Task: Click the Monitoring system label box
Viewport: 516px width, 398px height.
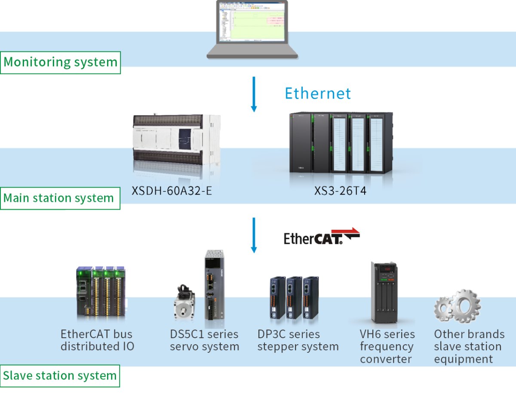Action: pos(60,62)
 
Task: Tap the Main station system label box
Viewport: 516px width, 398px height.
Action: pos(60,198)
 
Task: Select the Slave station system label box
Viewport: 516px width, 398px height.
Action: pos(60,376)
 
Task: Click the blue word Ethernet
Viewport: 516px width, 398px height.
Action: pos(318,93)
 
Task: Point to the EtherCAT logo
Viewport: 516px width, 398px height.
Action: pos(322,236)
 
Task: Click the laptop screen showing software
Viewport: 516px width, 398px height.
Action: pos(252,22)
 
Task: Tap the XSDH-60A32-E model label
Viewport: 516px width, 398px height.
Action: pos(172,191)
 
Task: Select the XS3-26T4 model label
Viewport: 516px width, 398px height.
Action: pos(340,191)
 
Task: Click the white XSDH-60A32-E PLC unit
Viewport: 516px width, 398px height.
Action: pos(177,140)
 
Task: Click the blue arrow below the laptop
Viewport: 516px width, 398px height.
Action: pos(254,94)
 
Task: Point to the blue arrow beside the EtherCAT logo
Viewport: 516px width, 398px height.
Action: pos(254,235)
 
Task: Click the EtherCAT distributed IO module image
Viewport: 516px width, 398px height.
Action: pos(101,292)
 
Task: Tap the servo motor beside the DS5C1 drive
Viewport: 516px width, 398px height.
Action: pos(184,302)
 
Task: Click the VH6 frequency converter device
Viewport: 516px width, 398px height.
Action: pos(384,292)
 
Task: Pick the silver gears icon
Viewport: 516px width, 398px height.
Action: pos(458,306)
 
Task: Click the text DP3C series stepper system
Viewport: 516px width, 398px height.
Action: pos(298,340)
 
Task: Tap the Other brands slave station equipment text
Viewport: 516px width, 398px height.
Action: pos(469,346)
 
